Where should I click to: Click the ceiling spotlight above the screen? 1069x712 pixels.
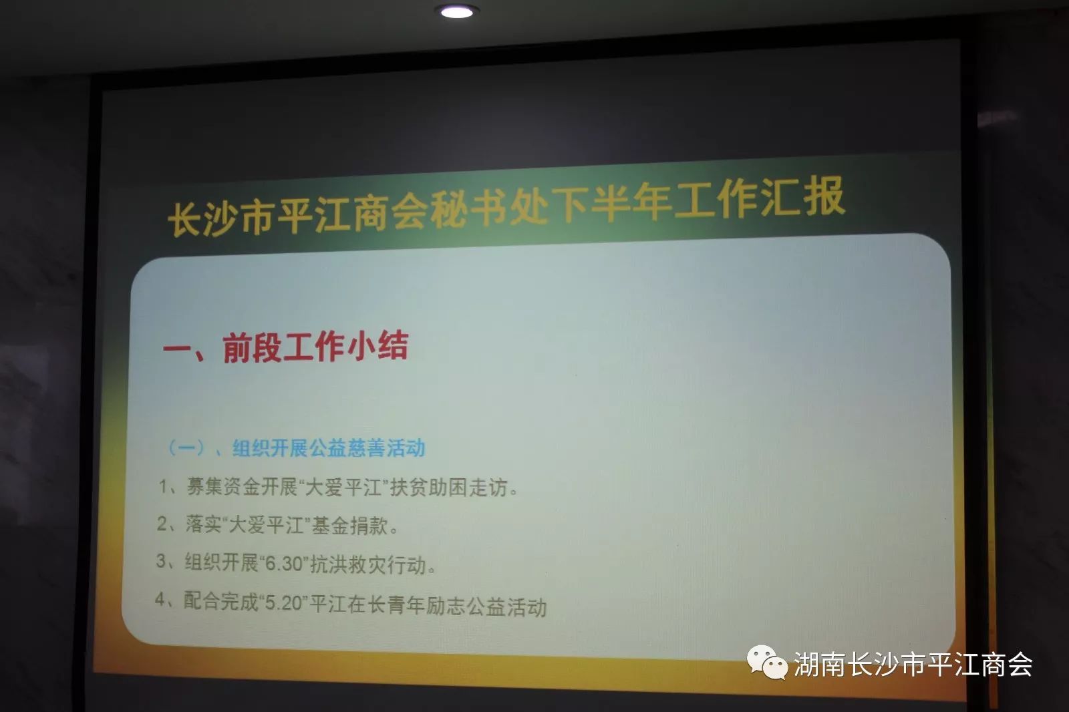[457, 11]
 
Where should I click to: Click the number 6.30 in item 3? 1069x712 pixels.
[285, 564]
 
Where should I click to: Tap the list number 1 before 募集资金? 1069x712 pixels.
[163, 487]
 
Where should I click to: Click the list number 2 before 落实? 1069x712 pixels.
[162, 524]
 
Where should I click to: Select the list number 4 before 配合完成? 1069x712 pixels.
[160, 599]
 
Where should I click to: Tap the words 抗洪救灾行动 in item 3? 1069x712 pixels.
[367, 565]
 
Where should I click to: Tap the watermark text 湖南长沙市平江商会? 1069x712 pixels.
[913, 664]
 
